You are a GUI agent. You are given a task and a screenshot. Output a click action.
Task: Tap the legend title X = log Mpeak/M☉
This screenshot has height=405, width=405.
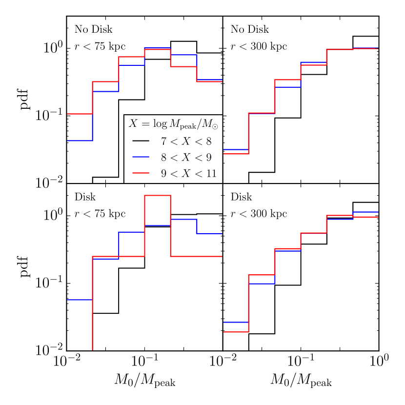pyautogui.click(x=173, y=124)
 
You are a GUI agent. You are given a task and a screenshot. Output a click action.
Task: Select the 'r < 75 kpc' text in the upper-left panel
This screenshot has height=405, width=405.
pyautogui.click(x=100, y=47)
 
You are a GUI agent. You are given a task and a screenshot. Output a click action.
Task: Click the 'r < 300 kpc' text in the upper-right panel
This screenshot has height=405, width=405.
pyautogui.click(x=259, y=47)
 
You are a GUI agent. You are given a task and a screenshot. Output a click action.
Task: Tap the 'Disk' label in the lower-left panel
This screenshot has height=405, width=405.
pyautogui.click(x=85, y=198)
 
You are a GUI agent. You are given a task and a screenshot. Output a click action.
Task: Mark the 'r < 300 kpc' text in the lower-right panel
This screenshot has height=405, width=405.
pyautogui.click(x=259, y=214)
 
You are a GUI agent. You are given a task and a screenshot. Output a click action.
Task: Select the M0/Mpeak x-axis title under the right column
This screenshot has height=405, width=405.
pyautogui.click(x=301, y=381)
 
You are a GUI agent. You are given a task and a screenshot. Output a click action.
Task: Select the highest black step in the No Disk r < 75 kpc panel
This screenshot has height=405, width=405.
pyautogui.click(x=183, y=41)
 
